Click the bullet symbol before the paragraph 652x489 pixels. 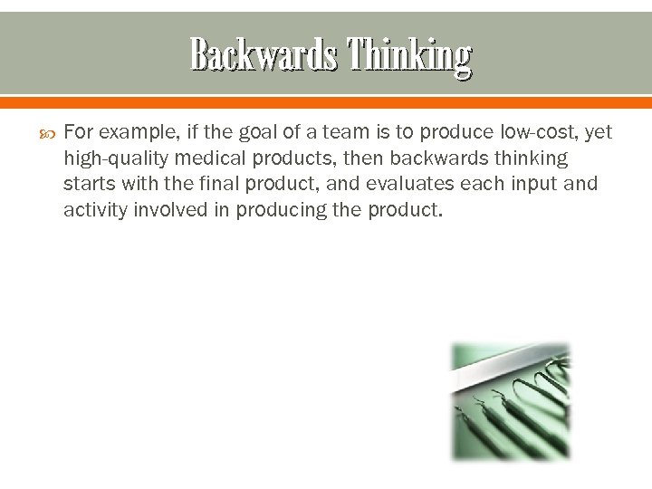tap(47, 133)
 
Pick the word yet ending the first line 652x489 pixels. tap(599, 133)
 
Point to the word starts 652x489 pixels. tap(88, 185)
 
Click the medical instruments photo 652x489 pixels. tap(512, 400)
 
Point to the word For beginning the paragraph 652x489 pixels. tap(79, 133)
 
